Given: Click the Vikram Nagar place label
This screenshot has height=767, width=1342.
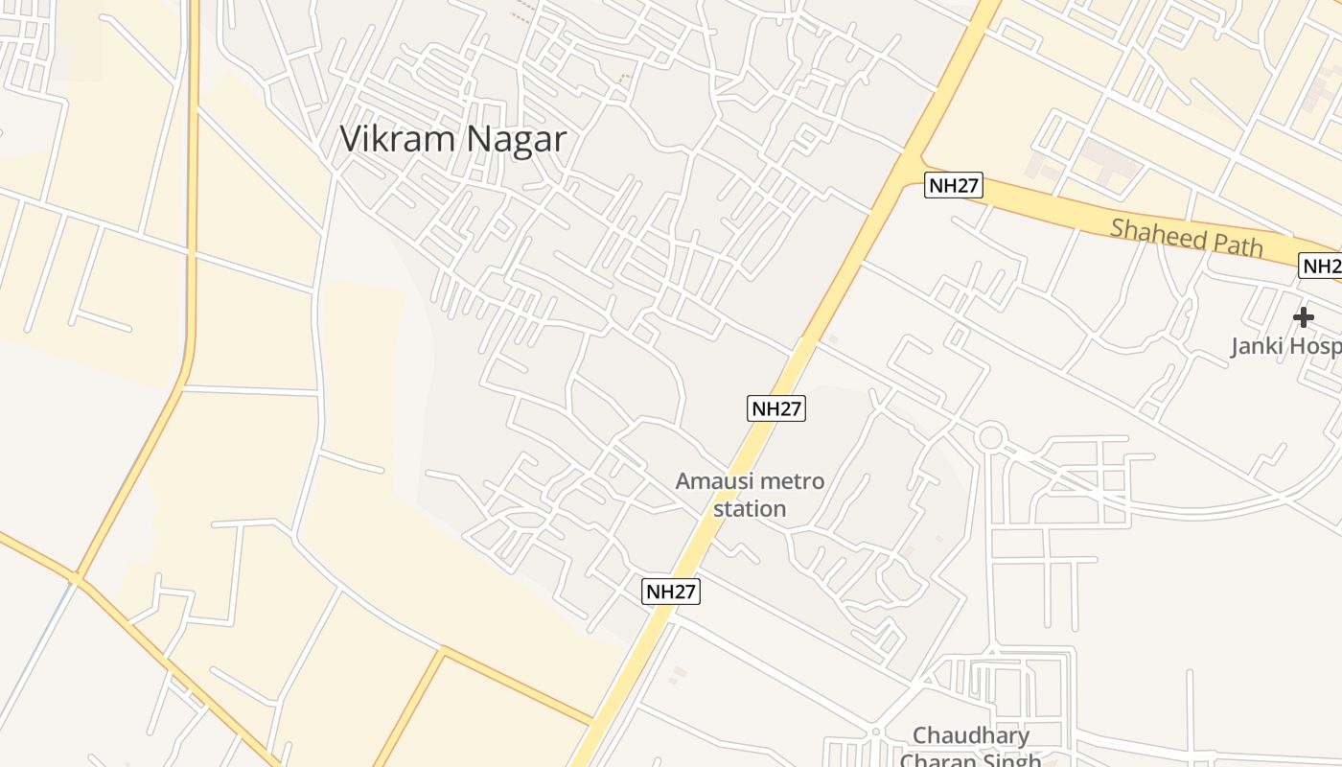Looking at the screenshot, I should click(x=452, y=140).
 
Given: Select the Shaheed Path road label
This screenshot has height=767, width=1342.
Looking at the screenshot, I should click(x=1187, y=236).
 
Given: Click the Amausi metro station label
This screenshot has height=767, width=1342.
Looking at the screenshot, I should click(x=750, y=494).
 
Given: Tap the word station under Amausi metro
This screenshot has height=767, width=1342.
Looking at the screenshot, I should click(x=750, y=508).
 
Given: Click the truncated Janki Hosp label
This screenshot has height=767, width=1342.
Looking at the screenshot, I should click(x=1284, y=346).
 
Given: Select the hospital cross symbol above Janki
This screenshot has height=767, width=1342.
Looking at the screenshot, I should click(x=1303, y=316).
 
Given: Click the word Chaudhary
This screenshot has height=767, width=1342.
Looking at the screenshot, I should click(x=971, y=735).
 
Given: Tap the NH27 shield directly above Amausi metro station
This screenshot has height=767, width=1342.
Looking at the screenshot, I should click(x=775, y=408).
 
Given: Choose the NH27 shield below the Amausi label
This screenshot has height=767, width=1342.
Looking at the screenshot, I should click(x=671, y=592).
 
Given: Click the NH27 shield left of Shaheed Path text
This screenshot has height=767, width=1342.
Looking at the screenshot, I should click(x=954, y=185).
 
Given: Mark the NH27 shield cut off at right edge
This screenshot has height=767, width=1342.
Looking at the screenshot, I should click(x=1321, y=266).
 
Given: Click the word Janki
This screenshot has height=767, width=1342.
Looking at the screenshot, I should click(x=1256, y=346).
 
